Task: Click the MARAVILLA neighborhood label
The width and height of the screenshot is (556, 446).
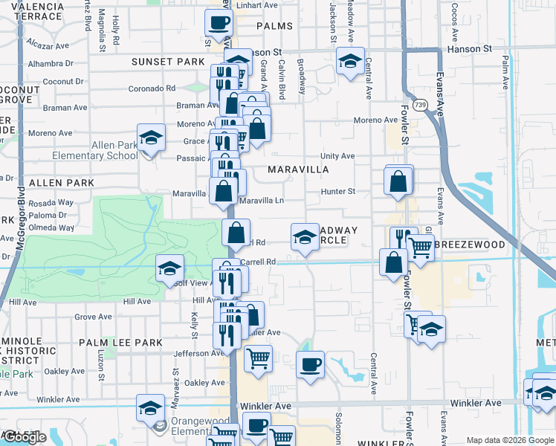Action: (298, 169)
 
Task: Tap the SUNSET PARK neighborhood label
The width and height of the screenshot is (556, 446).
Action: (168, 61)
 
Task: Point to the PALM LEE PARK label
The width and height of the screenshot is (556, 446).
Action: (120, 343)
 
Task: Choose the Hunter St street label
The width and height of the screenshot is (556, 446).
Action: (338, 191)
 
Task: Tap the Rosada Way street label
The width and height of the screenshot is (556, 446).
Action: (51, 202)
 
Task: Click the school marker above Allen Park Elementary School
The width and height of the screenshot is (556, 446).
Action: (151, 138)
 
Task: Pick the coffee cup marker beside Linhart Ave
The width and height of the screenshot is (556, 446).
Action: (219, 23)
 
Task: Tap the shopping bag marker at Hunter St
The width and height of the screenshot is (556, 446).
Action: (398, 181)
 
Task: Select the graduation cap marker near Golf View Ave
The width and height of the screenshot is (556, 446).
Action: (170, 268)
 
